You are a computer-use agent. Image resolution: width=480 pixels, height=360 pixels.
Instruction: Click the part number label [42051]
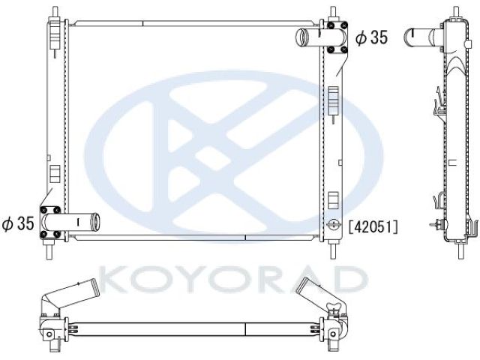click(373, 227)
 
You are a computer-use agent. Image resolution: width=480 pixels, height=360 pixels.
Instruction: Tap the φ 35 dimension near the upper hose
click(372, 37)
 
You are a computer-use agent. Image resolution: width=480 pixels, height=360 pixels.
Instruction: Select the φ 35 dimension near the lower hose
click(18, 223)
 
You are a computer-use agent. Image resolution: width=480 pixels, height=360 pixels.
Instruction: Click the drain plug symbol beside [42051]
click(333, 225)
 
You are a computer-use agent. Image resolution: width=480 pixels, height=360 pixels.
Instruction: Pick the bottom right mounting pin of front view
click(333, 250)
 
